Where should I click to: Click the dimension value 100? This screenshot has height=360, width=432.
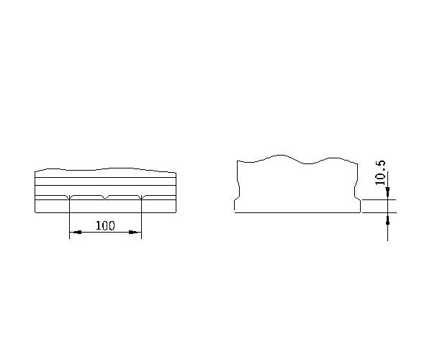pyautogui.click(x=105, y=225)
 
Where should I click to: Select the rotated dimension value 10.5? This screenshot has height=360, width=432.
pyautogui.click(x=380, y=173)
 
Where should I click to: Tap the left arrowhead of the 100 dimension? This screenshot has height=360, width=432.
pyautogui.click(x=75, y=232)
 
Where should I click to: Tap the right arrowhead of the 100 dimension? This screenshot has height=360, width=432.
pyautogui.click(x=135, y=232)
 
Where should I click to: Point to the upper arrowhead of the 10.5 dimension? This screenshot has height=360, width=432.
pyautogui.click(x=387, y=193)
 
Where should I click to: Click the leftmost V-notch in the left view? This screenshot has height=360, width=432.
pyautogui.click(x=69, y=197)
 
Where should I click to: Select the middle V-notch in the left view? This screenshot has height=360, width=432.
pyautogui.click(x=105, y=197)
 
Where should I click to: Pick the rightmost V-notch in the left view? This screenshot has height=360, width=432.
pyautogui.click(x=141, y=197)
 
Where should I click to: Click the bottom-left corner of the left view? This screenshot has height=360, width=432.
pyautogui.click(x=35, y=212)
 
